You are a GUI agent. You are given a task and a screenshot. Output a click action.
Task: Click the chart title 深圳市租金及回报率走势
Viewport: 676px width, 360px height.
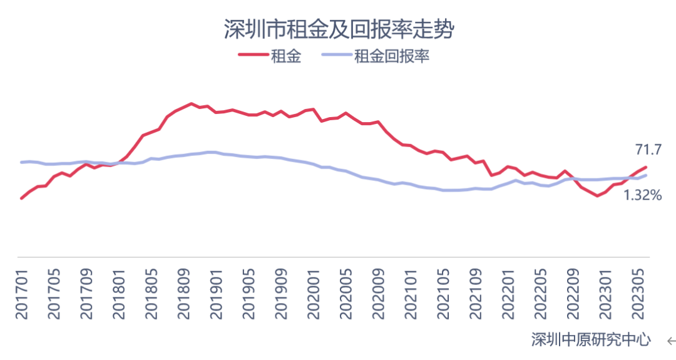point(339,29)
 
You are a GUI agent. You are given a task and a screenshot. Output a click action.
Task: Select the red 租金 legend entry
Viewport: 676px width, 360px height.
point(270,56)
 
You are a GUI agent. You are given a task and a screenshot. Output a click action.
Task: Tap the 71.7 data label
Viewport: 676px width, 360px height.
point(648,150)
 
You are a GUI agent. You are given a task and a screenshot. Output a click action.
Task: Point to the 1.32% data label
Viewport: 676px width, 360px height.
point(642,195)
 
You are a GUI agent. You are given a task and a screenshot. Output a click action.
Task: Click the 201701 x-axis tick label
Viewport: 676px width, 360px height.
point(21,294)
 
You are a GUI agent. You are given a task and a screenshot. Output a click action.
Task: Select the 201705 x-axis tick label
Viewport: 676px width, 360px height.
point(54,294)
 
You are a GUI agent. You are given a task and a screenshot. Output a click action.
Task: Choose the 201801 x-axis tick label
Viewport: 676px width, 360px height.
point(118,294)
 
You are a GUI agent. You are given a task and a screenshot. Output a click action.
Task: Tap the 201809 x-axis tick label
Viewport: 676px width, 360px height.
point(183,294)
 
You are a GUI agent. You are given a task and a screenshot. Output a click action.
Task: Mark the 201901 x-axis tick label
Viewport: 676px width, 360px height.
point(216,294)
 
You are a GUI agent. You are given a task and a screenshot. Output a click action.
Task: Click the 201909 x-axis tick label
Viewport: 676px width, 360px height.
point(281,294)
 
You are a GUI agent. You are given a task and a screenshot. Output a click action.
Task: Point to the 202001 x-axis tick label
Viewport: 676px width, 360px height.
point(314,294)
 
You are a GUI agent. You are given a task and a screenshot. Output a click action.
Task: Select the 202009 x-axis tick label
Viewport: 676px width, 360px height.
point(378,294)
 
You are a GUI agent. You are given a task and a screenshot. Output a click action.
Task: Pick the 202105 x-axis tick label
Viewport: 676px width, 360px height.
point(443,294)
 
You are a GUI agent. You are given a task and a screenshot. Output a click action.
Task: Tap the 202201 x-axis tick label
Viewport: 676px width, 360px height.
point(508,294)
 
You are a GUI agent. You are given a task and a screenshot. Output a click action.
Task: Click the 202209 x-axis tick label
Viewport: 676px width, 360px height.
point(573,294)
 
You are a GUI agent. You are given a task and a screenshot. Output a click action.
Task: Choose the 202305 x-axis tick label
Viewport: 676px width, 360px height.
point(638,294)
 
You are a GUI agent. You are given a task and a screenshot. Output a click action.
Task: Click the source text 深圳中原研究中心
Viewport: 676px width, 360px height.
point(591,340)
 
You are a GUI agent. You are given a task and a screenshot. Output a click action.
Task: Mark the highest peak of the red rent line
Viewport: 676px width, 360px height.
point(191,103)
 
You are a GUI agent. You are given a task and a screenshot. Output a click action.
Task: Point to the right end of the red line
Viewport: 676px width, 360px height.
point(646,167)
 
